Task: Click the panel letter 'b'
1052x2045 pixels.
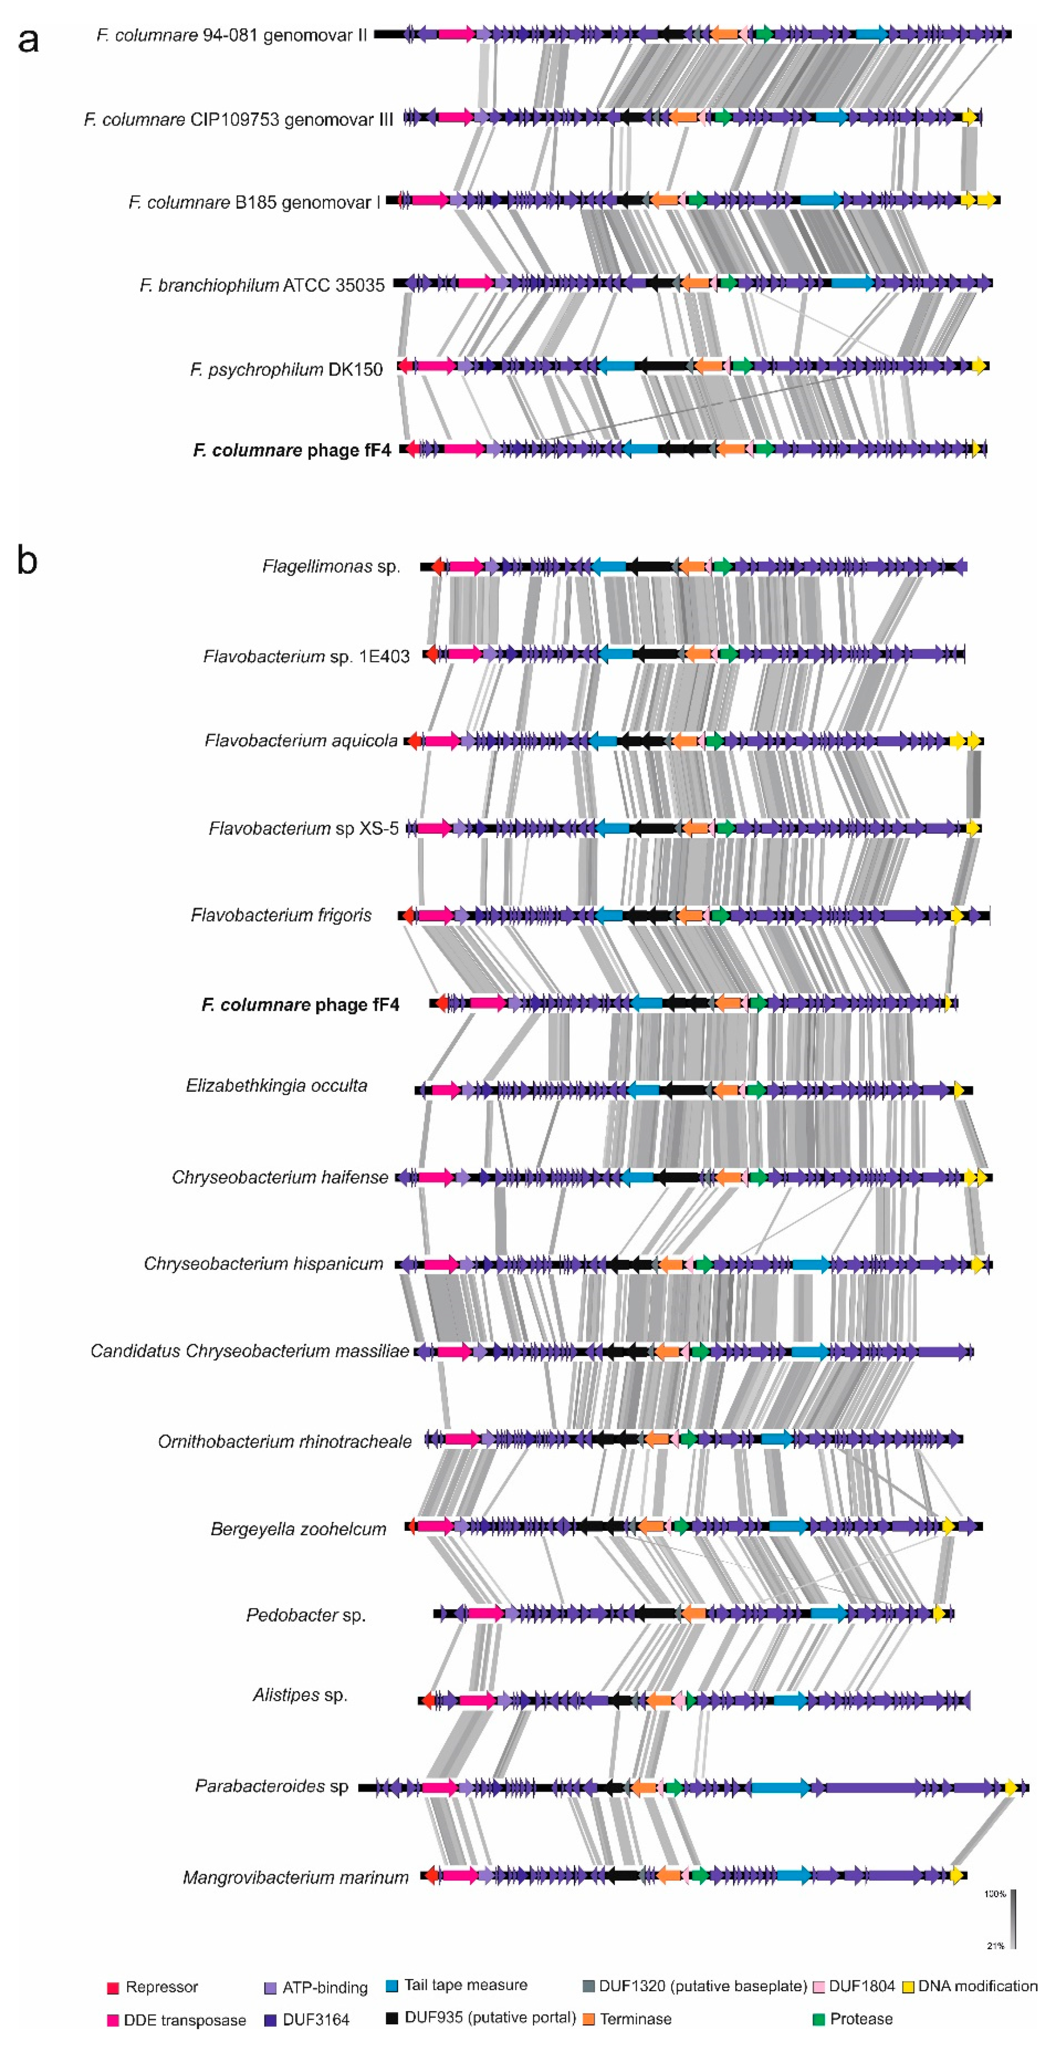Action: pos(27,560)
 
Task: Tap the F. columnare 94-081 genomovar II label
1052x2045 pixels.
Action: pos(231,35)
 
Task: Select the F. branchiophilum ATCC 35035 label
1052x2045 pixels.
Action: pos(262,285)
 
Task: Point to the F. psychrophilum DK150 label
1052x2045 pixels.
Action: pos(286,369)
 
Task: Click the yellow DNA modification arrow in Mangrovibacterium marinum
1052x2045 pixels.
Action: pos(958,1876)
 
